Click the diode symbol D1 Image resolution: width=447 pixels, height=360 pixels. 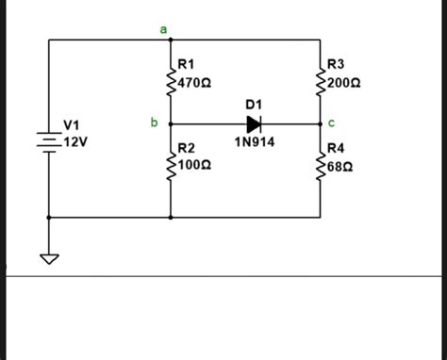click(253, 124)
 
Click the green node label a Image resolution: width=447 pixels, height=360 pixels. click(162, 30)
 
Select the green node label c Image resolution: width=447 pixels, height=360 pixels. click(331, 123)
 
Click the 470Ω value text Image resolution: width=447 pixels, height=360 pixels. click(194, 83)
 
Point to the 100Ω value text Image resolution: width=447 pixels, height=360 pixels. click(194, 165)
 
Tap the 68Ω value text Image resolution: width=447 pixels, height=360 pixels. click(340, 165)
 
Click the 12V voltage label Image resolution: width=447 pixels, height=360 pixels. click(75, 141)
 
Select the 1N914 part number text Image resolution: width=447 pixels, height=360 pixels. click(253, 142)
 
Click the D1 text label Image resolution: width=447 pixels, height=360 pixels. click(253, 103)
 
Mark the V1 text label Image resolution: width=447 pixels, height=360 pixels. click(72, 125)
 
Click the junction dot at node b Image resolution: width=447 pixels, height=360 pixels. click(171, 124)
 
